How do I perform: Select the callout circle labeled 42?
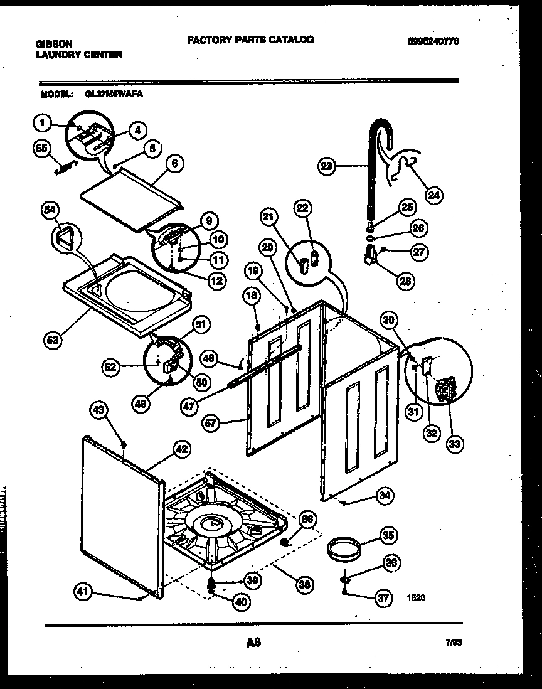[181, 449]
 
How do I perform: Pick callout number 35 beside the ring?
[389, 536]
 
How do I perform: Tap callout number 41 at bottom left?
[82, 590]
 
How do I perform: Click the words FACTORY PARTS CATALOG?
[250, 40]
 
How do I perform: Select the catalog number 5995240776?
[433, 41]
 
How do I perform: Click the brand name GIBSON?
[55, 44]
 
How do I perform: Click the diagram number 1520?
[415, 598]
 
